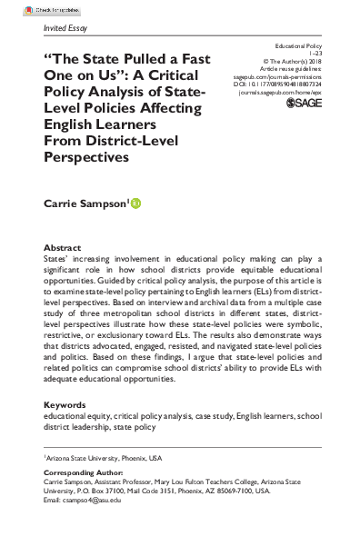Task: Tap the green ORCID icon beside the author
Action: click(x=136, y=204)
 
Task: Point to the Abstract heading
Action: click(x=61, y=247)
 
